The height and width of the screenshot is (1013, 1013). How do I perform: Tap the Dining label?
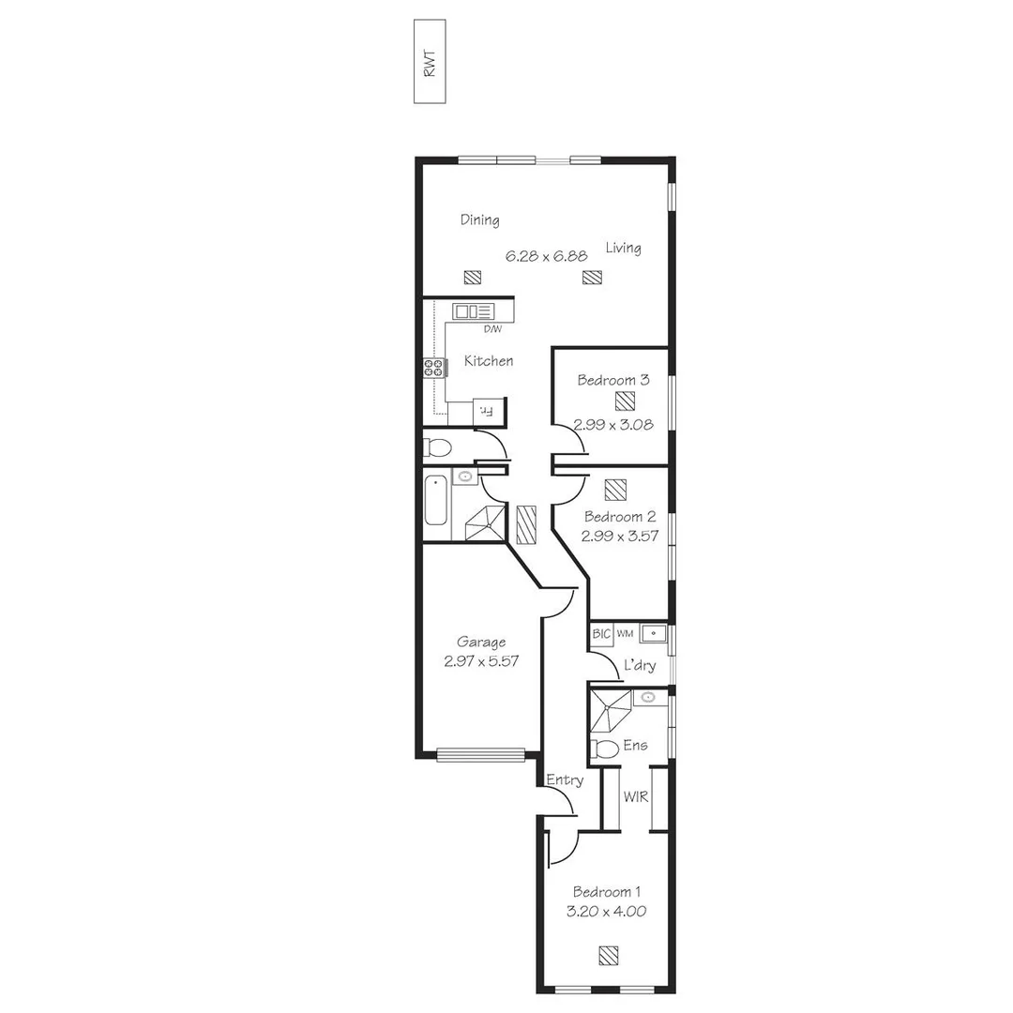tap(479, 220)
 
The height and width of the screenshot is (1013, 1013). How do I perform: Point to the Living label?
tap(623, 249)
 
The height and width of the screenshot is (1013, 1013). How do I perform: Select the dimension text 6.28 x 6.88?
tap(547, 255)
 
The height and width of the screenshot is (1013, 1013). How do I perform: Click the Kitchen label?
tap(489, 361)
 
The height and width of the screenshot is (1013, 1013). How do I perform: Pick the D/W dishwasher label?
tap(491, 329)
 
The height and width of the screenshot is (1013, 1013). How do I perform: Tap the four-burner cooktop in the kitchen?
tap(433, 368)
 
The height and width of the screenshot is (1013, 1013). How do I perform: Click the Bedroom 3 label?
tap(612, 381)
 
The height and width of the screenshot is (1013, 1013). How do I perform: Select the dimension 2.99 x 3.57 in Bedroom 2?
tap(619, 536)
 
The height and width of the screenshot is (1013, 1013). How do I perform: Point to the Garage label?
tap(481, 643)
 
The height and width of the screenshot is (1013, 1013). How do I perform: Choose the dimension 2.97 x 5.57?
tap(481, 660)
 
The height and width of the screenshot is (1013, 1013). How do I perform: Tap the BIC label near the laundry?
tap(601, 635)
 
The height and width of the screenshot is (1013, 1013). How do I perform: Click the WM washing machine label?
tap(626, 635)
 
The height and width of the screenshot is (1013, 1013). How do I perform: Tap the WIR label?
tap(636, 797)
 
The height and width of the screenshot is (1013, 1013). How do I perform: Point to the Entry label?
tap(565, 780)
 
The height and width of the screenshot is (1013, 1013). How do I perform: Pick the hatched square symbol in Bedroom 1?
tap(609, 956)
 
